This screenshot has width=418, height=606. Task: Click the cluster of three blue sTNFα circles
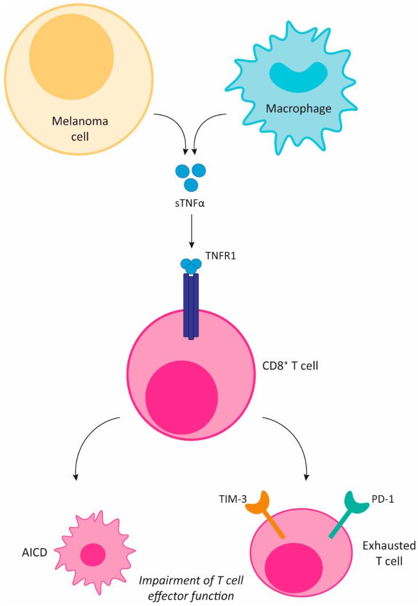[191, 176]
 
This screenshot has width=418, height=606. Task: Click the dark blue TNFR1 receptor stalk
[191, 304]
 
